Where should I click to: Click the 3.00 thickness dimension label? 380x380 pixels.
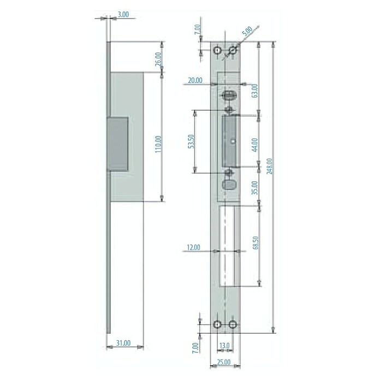(x=123, y=15)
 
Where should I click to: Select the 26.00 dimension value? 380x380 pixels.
(x=158, y=59)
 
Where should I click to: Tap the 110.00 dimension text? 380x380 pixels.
(x=158, y=144)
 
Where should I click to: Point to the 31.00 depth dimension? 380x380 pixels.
(x=123, y=343)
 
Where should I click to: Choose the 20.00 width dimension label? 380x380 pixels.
(x=195, y=80)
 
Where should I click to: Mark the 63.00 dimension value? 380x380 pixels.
(x=255, y=91)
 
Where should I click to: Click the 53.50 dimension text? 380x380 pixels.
(x=191, y=141)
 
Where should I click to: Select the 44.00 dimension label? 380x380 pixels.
(x=255, y=145)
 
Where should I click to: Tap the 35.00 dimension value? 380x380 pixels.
(x=255, y=188)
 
